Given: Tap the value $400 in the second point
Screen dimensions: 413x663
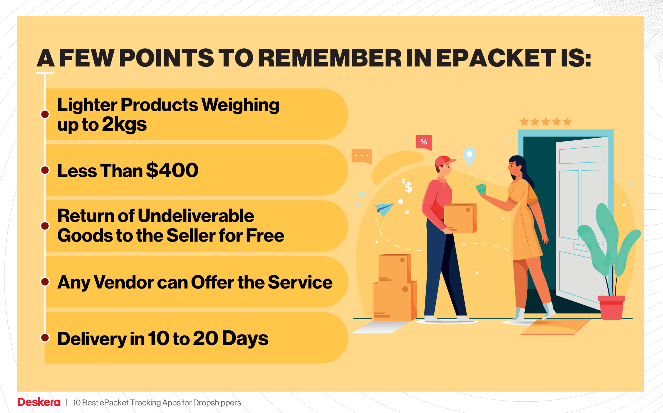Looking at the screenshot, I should pyautogui.click(x=172, y=170).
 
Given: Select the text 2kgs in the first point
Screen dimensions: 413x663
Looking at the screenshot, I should pyautogui.click(x=124, y=125).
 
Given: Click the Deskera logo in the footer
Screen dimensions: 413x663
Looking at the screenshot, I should pyautogui.click(x=39, y=402).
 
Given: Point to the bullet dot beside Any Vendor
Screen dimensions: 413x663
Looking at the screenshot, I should pyautogui.click(x=45, y=282).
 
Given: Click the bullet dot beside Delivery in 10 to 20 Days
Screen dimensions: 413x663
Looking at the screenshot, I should pyautogui.click(x=45, y=338).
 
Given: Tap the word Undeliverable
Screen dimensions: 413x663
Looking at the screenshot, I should pyautogui.click(x=196, y=216).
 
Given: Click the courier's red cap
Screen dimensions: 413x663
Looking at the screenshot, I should pyautogui.click(x=444, y=161).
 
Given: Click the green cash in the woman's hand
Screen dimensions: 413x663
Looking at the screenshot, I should pyautogui.click(x=481, y=189).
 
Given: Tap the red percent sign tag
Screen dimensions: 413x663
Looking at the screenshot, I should pyautogui.click(x=424, y=142).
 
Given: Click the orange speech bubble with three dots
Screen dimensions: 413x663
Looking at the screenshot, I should pyautogui.click(x=362, y=156).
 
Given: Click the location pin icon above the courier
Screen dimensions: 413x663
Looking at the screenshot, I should pyautogui.click(x=469, y=156).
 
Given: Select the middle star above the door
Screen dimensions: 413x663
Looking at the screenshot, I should pyautogui.click(x=546, y=122).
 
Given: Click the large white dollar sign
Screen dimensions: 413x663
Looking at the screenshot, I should pyautogui.click(x=409, y=188).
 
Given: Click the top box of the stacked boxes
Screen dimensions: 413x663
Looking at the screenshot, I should pyautogui.click(x=394, y=268).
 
